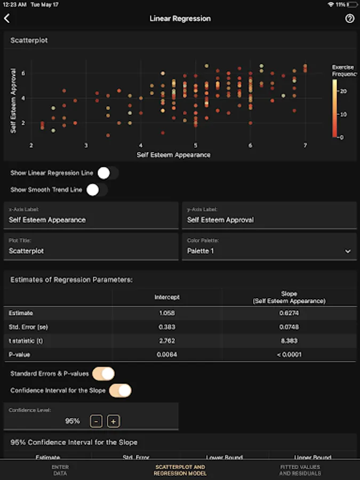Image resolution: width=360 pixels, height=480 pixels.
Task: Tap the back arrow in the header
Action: pyautogui.click(x=7, y=19)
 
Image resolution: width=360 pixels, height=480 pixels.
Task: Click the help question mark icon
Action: pyautogui.click(x=350, y=19)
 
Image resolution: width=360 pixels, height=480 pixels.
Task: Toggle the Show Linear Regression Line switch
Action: pyautogui.click(x=108, y=173)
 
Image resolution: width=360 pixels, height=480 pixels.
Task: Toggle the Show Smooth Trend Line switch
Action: pyautogui.click(x=97, y=189)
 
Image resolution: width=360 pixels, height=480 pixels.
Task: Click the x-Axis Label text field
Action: pyautogui.click(x=91, y=220)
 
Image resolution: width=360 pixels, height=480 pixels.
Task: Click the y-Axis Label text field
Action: pyautogui.click(x=269, y=220)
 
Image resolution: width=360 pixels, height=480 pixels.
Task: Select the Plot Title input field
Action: pyautogui.click(x=91, y=251)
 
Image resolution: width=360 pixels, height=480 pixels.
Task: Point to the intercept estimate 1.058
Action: pyautogui.click(x=167, y=313)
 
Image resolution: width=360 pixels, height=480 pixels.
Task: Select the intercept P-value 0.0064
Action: pyautogui.click(x=167, y=354)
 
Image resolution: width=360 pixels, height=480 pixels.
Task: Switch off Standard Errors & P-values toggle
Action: pyautogui.click(x=103, y=374)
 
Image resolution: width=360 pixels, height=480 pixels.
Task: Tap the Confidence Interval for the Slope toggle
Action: pyautogui.click(x=120, y=390)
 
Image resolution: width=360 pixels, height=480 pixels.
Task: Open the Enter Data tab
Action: pyautogui.click(x=60, y=470)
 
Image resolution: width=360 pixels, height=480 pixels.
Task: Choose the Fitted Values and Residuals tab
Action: pyautogui.click(x=300, y=470)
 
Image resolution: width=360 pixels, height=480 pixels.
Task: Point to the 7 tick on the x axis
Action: pyautogui.click(x=305, y=145)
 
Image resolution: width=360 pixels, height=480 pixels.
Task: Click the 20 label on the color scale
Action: pyautogui.click(x=343, y=91)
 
